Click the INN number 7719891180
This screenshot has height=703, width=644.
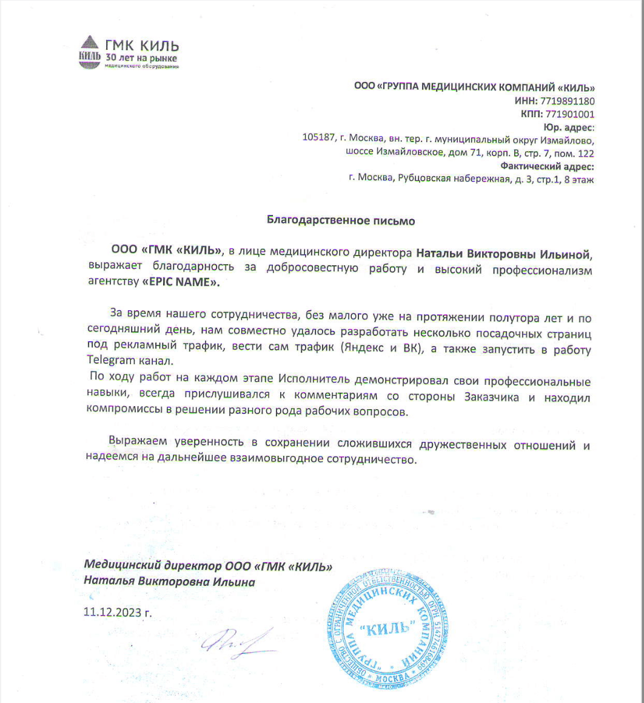pos(566,101)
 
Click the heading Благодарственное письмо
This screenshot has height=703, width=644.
pos(341,221)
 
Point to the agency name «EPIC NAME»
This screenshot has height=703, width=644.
pos(181,283)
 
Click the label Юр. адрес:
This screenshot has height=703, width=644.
pos(569,127)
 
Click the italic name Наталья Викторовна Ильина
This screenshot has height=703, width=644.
pos(170,582)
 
